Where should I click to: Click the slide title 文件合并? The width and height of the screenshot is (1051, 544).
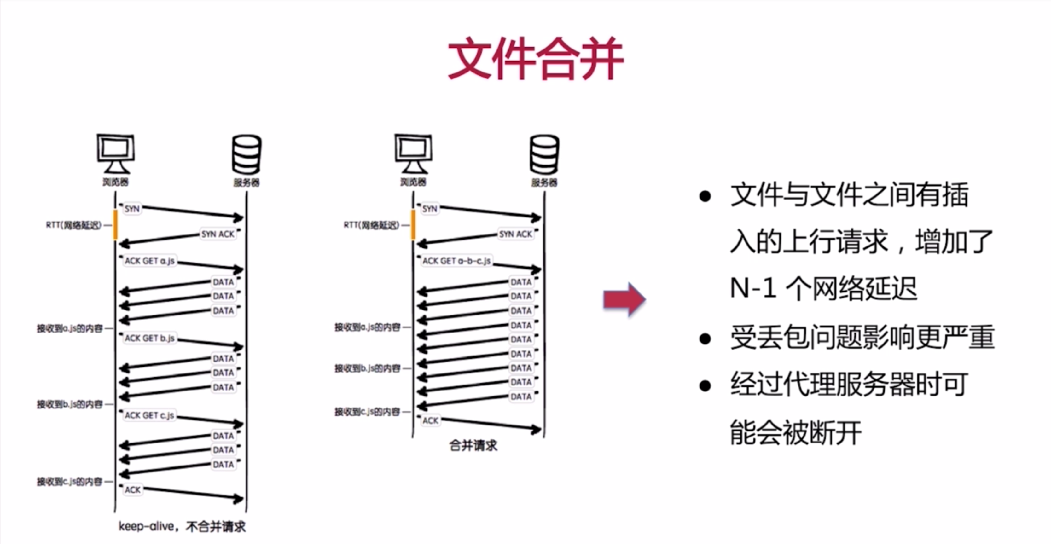pyautogui.click(x=535, y=59)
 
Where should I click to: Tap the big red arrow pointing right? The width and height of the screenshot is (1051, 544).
pyautogui.click(x=624, y=299)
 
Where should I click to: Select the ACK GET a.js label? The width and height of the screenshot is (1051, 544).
pyautogui.click(x=149, y=261)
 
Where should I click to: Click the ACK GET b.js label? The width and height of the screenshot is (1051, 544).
pyautogui.click(x=149, y=338)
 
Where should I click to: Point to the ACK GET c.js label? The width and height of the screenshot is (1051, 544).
pyautogui.click(x=149, y=415)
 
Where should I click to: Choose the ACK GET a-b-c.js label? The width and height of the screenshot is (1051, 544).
pyautogui.click(x=456, y=261)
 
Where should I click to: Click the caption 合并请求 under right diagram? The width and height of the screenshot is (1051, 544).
pyautogui.click(x=473, y=445)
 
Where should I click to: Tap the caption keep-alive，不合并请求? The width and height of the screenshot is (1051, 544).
pyautogui.click(x=182, y=526)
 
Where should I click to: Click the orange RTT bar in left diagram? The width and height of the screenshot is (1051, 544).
pyautogui.click(x=115, y=225)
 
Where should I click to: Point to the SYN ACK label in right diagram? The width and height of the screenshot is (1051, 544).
pyautogui.click(x=516, y=234)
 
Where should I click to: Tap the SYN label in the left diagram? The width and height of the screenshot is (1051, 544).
pyautogui.click(x=132, y=209)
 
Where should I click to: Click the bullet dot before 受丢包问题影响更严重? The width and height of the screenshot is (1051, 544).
pyautogui.click(x=705, y=339)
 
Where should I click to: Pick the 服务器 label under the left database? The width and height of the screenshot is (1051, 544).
pyautogui.click(x=247, y=182)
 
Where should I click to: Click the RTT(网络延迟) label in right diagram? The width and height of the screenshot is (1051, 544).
pyautogui.click(x=371, y=225)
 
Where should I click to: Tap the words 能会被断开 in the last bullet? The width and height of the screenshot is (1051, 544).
pyautogui.click(x=795, y=433)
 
